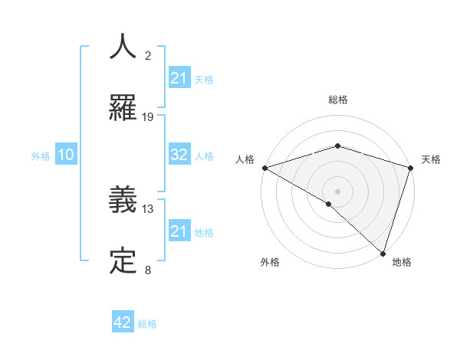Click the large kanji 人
click(x=123, y=47)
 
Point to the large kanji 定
click(x=123, y=260)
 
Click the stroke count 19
click(x=148, y=117)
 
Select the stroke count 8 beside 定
click(x=148, y=270)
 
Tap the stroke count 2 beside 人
click(x=148, y=56)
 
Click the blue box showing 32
click(x=179, y=155)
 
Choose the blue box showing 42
click(x=123, y=322)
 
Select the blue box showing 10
click(x=66, y=155)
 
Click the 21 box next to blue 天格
click(x=179, y=78)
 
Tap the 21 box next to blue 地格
click(x=179, y=231)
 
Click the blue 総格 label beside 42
click(x=147, y=324)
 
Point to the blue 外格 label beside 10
click(x=41, y=156)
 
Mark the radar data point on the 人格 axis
click(x=264, y=167)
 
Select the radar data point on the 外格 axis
click(x=328, y=204)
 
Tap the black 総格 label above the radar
click(x=337, y=100)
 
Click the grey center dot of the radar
click(x=337, y=191)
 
